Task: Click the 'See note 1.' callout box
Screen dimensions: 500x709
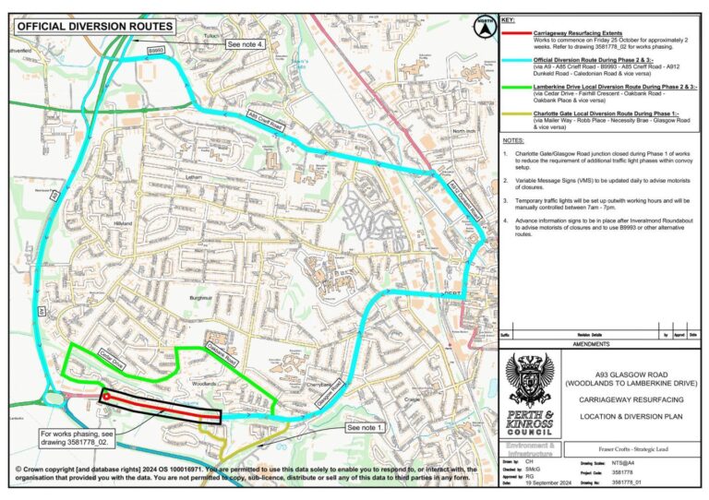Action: pos(367,428)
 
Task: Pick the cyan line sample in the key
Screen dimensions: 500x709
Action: pos(515,57)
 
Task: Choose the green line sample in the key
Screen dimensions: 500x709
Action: pos(515,85)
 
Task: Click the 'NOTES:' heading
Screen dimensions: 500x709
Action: pos(514,139)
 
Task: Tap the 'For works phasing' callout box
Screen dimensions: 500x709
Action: pos(79,436)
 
